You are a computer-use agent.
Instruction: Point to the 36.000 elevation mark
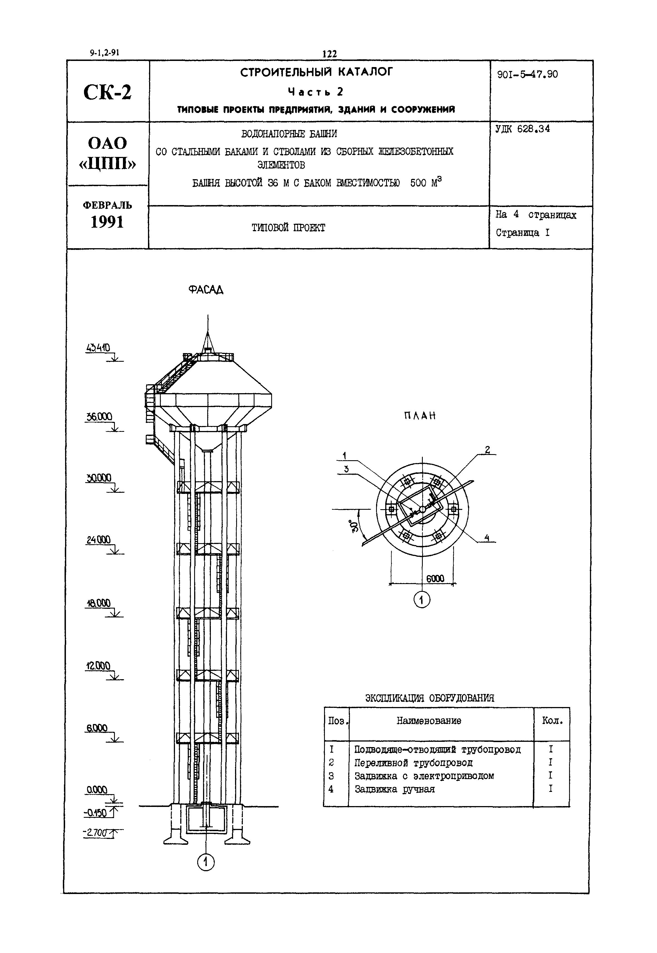coord(99,417)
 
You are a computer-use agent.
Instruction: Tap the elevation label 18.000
coord(98,603)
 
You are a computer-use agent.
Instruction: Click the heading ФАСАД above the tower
coord(206,290)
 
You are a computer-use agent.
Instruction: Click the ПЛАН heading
coord(419,416)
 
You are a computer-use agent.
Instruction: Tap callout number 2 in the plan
coord(487,450)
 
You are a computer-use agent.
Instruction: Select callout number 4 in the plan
coord(487,538)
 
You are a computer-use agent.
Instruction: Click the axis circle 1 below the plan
coord(421,600)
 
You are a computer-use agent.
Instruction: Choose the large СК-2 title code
coord(107,92)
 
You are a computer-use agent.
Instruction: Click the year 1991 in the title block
coord(107,222)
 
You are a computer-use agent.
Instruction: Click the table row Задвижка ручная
coord(394,789)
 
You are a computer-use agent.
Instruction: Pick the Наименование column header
coord(429,721)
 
